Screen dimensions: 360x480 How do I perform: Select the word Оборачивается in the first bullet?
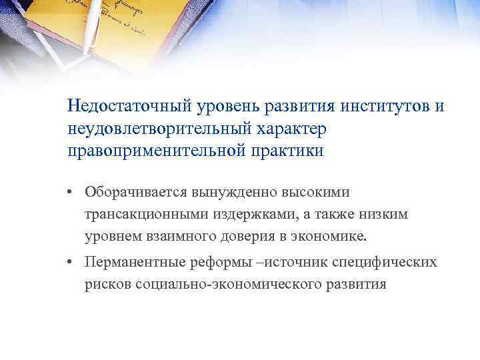coord(136,192)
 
